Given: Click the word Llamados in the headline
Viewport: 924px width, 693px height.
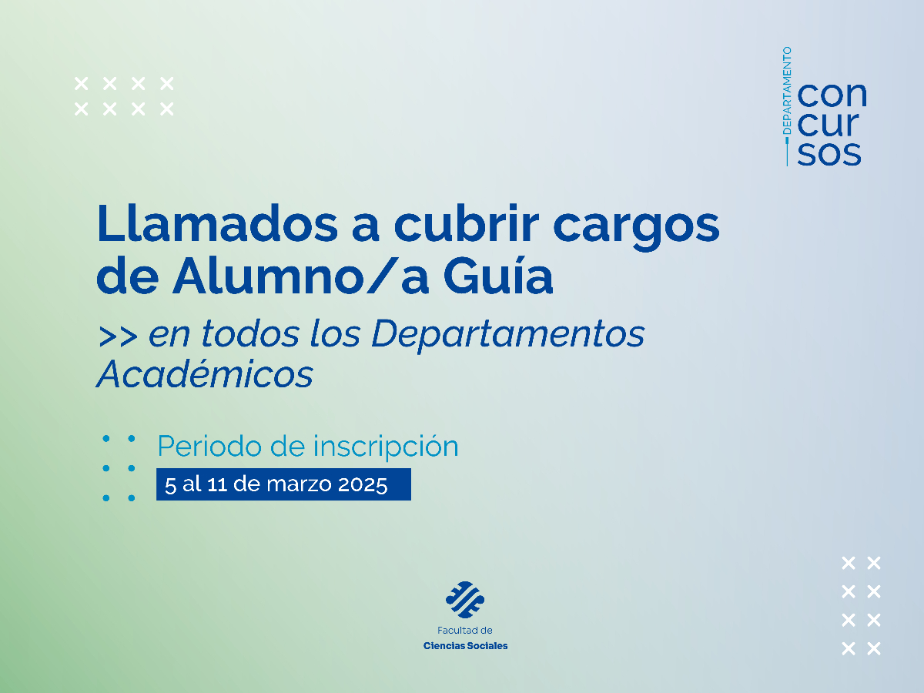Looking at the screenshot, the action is (217, 223).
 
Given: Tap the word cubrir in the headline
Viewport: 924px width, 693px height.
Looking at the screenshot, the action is (466, 223).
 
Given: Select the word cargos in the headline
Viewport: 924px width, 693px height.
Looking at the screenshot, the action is (637, 228).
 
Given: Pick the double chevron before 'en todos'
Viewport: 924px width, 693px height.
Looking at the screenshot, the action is (118, 336).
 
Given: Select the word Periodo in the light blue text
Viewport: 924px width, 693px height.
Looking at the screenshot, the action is (209, 446).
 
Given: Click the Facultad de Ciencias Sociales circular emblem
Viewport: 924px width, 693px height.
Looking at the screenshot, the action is (465, 600).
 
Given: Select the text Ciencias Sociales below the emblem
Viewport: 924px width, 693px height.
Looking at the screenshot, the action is (465, 646).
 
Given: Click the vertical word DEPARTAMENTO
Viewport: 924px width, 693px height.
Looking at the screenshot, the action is (787, 90).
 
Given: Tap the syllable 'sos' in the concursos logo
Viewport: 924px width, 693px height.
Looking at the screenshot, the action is (829, 153).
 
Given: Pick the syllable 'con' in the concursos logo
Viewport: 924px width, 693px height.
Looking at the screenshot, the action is (832, 95).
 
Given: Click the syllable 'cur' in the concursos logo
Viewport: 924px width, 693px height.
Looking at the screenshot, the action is (828, 124).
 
